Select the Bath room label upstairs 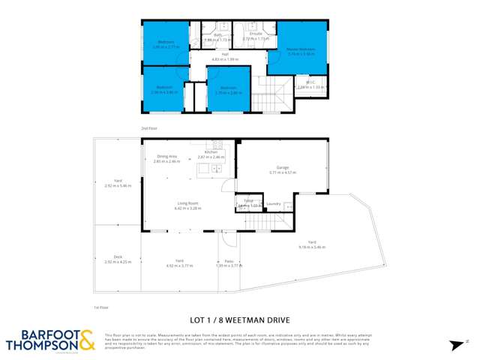pos(217,35)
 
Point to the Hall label pos(224,54)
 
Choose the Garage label pos(283,169)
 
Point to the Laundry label pos(273,203)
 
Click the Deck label pos(118,257)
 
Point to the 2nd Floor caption pos(148,129)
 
